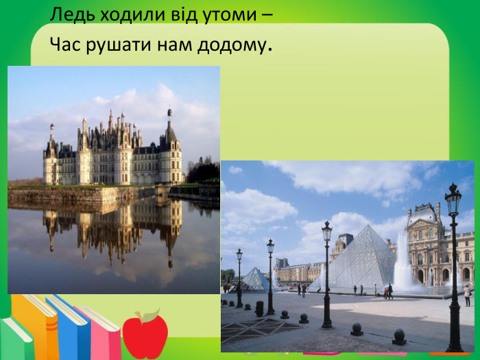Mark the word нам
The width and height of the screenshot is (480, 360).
[171, 46]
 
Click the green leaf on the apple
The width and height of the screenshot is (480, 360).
[152, 316]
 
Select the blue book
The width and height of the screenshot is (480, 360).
[70, 329]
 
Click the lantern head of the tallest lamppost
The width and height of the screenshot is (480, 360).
[453, 201]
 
